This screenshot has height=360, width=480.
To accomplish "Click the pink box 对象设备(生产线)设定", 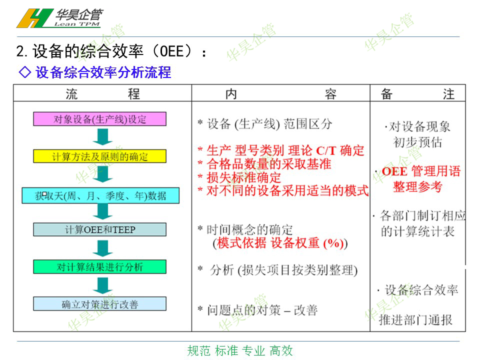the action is click(100, 119).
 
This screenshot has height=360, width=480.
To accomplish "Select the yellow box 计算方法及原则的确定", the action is click(100, 156).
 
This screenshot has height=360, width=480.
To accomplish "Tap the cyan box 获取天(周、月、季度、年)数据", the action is click(100, 195).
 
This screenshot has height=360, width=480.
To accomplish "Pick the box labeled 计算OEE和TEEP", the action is click(100, 229).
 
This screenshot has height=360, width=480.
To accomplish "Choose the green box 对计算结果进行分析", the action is click(100, 266).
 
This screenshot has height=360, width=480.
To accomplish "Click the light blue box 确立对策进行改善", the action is click(100, 304).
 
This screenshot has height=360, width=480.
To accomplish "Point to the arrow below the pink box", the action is click(102, 137).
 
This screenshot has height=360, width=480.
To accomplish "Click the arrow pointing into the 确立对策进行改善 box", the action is click(102, 285).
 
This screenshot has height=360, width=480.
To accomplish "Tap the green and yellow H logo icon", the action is click(34, 18).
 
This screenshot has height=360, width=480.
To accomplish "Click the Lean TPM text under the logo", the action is click(77, 24).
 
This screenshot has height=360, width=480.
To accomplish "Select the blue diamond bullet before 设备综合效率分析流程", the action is click(25, 72).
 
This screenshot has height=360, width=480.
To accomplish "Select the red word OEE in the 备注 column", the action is click(394, 171).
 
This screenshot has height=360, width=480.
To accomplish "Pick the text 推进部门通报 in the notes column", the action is click(415, 320).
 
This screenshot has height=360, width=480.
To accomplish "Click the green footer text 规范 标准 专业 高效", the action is click(240, 351).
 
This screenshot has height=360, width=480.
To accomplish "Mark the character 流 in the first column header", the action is click(71, 94).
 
